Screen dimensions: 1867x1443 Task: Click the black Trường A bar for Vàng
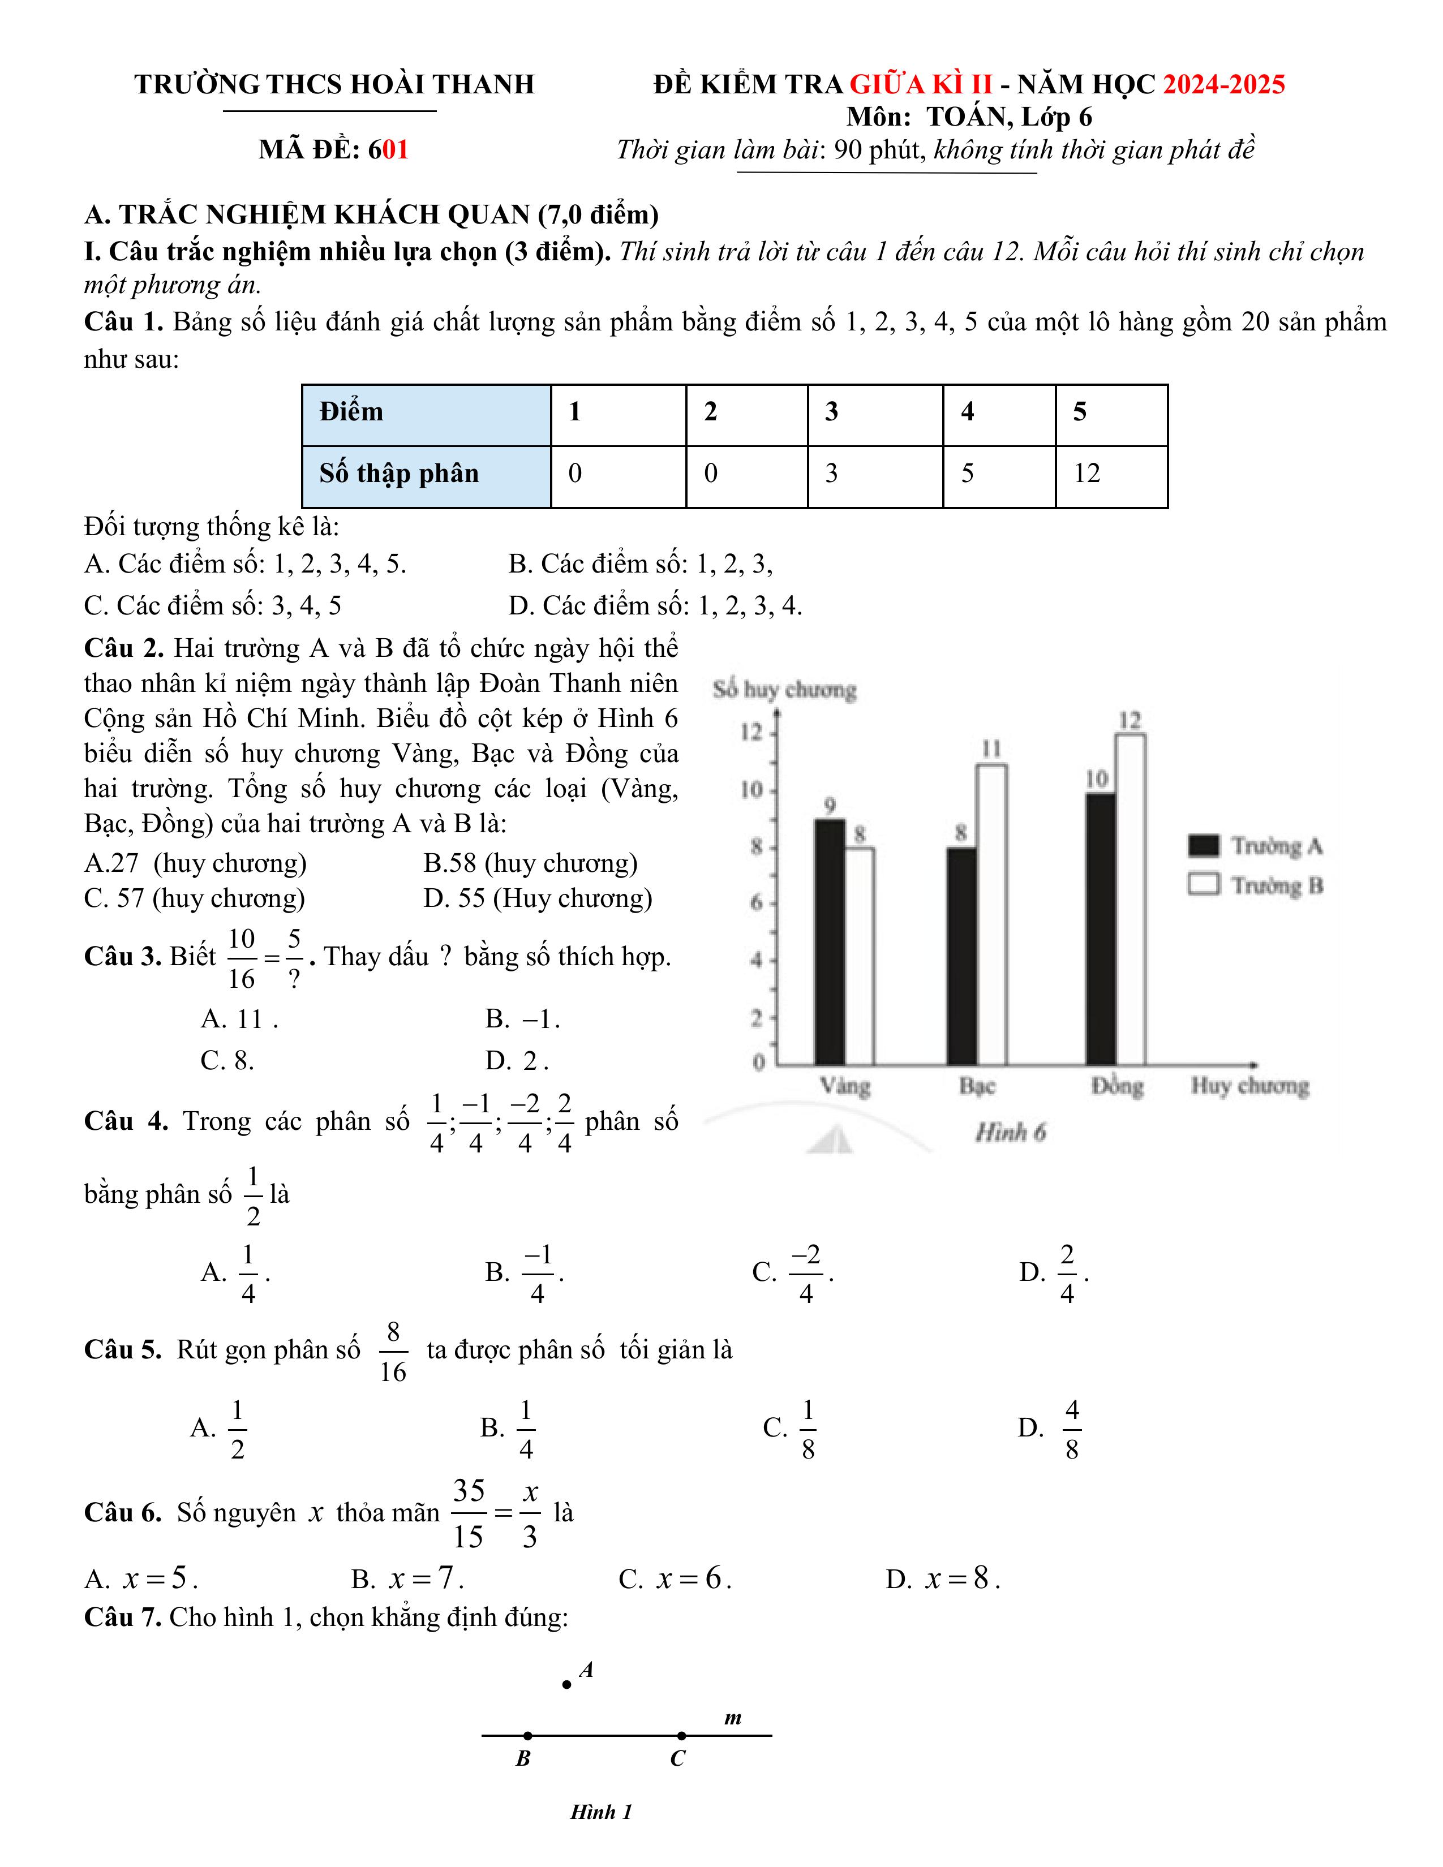pyautogui.click(x=829, y=942)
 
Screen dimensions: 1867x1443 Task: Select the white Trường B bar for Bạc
pyautogui.click(x=991, y=915)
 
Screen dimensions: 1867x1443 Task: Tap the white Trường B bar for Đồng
pyautogui.click(x=1130, y=900)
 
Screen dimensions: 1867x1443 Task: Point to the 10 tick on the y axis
pyautogui.click(x=752, y=790)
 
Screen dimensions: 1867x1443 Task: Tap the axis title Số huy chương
pyautogui.click(x=784, y=690)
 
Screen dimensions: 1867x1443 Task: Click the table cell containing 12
pyautogui.click(x=1110, y=475)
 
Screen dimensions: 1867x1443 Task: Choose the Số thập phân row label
pyautogui.click(x=426, y=475)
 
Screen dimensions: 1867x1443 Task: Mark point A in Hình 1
pyautogui.click(x=567, y=1685)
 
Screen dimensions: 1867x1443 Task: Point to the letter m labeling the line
pyautogui.click(x=733, y=1718)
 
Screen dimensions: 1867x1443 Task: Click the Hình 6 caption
pyautogui.click(x=1011, y=1133)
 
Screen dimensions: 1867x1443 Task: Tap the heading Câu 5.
pyautogui.click(x=122, y=1350)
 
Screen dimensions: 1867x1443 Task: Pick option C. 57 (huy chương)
pyautogui.click(x=194, y=898)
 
